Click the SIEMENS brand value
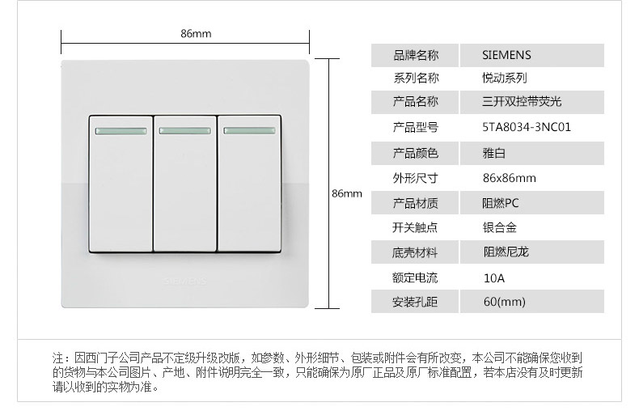coord(506,55)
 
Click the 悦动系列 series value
coord(504,78)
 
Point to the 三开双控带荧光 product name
coord(521,102)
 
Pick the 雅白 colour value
coord(493,153)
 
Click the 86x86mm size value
coord(509,178)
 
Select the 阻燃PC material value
coord(501,203)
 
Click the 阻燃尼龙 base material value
coord(505,252)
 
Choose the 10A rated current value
coord(493,277)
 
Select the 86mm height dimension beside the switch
coord(347,193)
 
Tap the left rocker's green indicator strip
coord(121,129)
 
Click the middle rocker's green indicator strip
coord(185,129)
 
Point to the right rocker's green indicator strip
coord(250,129)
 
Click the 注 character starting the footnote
coord(57,357)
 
